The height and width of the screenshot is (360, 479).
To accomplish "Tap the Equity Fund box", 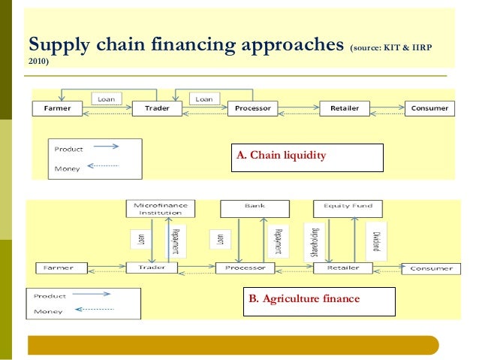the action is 348,205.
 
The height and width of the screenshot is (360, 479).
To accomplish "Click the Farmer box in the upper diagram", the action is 58,108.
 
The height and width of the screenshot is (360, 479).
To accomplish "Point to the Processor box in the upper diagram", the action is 252,108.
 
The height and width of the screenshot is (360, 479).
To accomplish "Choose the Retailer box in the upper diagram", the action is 345,108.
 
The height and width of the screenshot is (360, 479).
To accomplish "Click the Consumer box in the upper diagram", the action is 429,108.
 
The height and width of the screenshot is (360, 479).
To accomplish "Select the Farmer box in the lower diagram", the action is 58,268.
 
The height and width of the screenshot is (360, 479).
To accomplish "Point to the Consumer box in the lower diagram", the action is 432,268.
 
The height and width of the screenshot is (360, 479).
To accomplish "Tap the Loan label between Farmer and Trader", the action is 107,98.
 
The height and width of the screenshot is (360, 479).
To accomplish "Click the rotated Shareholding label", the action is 312,238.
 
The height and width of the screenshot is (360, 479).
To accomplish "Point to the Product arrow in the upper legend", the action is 103,148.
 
